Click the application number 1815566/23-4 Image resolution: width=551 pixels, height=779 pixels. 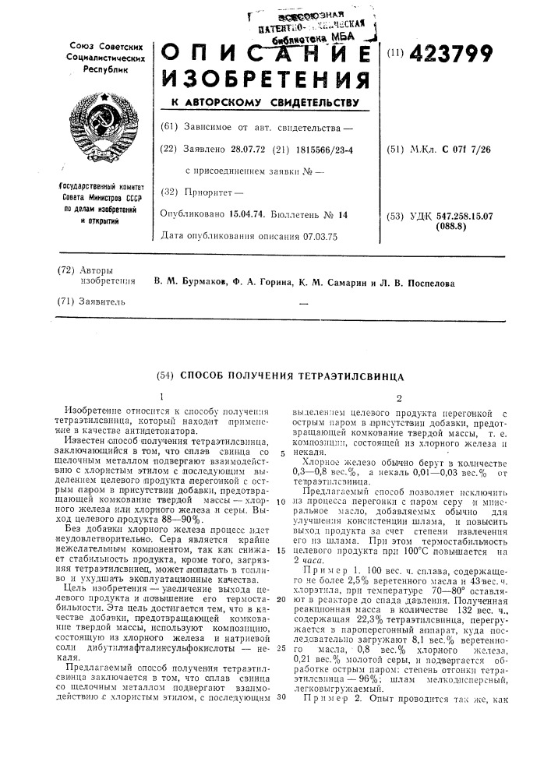pyautogui.click(x=316, y=148)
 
